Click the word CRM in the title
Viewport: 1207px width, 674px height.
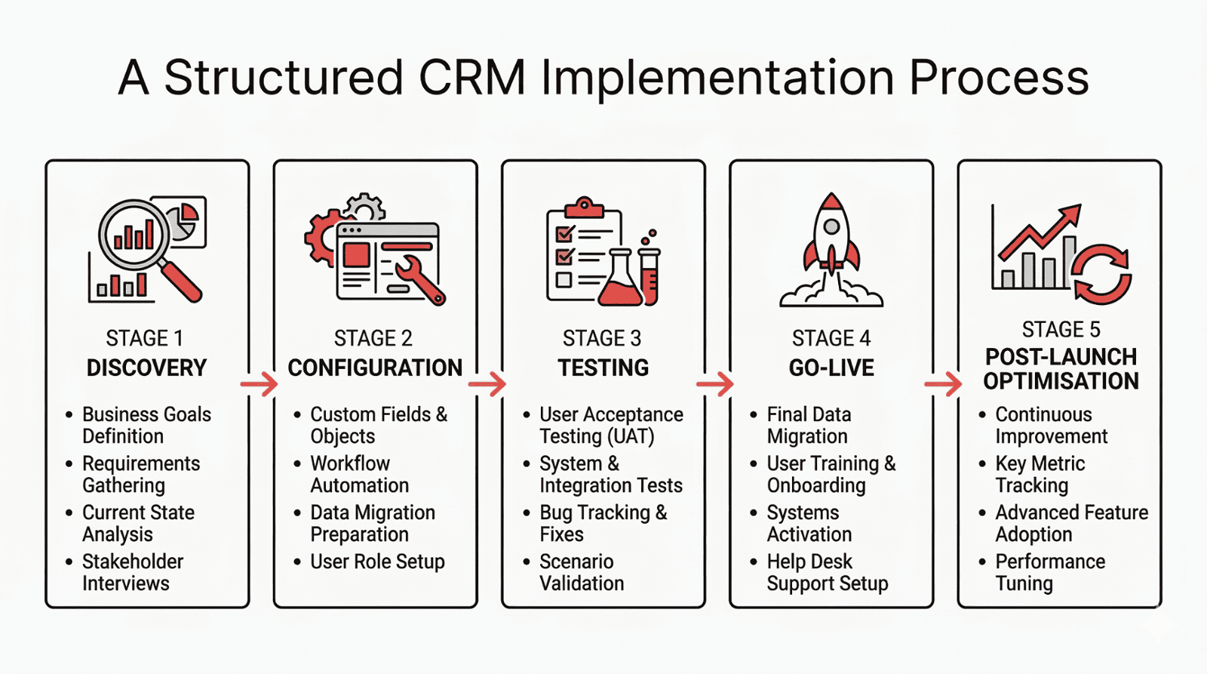pyautogui.click(x=471, y=78)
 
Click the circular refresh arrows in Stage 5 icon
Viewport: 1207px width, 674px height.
pyautogui.click(x=1102, y=274)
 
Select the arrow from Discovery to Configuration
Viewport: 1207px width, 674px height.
pyautogui.click(x=260, y=384)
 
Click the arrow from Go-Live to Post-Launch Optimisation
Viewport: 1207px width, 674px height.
pyautogui.click(x=943, y=384)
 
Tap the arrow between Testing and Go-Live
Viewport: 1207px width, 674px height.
pyautogui.click(x=715, y=384)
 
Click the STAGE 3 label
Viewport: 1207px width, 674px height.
pyautogui.click(x=601, y=338)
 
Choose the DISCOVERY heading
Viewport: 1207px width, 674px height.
pyautogui.click(x=146, y=368)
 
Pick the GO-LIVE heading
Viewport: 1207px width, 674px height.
pyautogui.click(x=831, y=368)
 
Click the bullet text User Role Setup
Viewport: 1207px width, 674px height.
pyautogui.click(x=377, y=562)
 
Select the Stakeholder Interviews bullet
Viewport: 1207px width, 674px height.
pyautogui.click(x=132, y=572)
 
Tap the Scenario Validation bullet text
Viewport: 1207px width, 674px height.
pyautogui.click(x=581, y=572)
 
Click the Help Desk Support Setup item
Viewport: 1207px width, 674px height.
pyautogui.click(x=827, y=572)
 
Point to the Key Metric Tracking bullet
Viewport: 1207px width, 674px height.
pyautogui.click(x=1039, y=474)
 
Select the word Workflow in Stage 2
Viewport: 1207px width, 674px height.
pyautogui.click(x=350, y=463)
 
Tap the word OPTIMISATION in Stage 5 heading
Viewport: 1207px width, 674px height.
pyautogui.click(x=1061, y=381)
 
